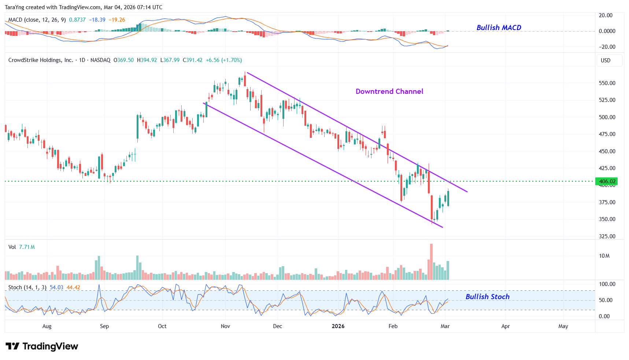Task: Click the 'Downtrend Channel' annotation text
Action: click(x=389, y=92)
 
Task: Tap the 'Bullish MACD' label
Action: click(x=499, y=28)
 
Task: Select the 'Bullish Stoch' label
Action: click(x=487, y=297)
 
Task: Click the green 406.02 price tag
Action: click(x=607, y=181)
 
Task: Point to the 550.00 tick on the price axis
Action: click(x=607, y=83)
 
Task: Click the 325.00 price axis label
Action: click(x=607, y=236)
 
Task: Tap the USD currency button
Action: click(x=606, y=60)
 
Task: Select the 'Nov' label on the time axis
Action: click(x=225, y=326)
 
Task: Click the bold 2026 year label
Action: click(x=338, y=326)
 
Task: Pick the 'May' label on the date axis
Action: click(x=563, y=326)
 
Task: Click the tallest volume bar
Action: click(x=431, y=262)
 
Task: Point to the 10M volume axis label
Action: click(x=604, y=256)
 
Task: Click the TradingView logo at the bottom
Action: click(x=42, y=346)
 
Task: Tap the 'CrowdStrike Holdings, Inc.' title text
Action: click(x=41, y=60)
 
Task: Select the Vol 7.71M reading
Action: click(x=22, y=247)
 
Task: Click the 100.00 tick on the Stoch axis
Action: click(x=607, y=284)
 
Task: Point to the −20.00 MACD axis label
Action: click(x=607, y=47)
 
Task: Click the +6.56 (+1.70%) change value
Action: click(x=223, y=60)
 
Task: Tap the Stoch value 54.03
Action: click(x=56, y=287)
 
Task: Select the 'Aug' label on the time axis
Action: click(x=47, y=326)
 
